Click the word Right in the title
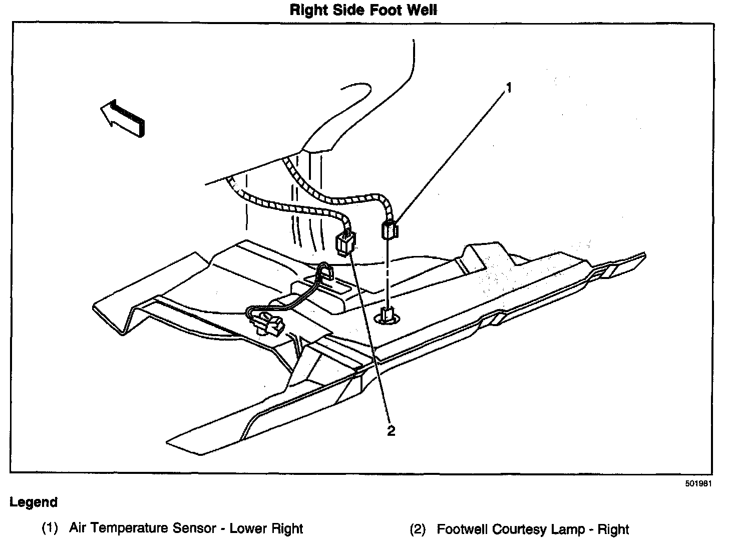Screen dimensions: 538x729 click(x=310, y=10)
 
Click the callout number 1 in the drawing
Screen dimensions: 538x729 click(x=509, y=89)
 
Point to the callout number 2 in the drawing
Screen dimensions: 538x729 click(x=391, y=430)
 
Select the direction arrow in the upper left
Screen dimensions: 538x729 click(x=122, y=117)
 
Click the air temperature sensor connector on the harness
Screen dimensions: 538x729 click(x=391, y=229)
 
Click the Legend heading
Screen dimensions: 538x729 click(x=34, y=502)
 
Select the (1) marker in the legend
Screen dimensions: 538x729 click(x=50, y=528)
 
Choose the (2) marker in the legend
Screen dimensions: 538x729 click(x=418, y=529)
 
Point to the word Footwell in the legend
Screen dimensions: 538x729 click(x=462, y=529)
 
